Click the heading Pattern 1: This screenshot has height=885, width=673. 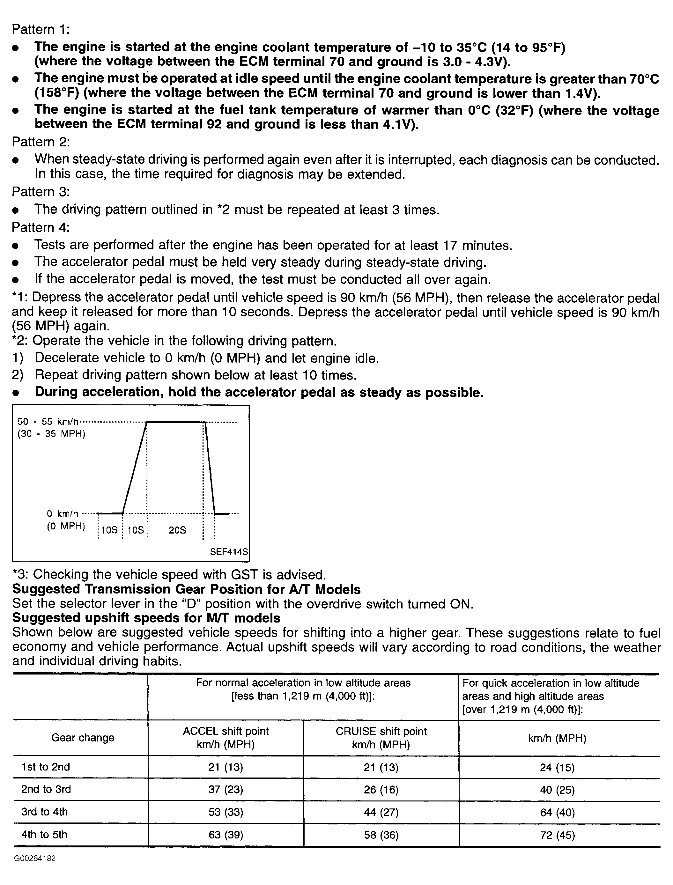tap(41, 29)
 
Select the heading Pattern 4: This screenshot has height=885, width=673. tap(41, 227)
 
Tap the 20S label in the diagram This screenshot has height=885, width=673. tap(177, 530)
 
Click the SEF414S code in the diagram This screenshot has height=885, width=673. tap(229, 552)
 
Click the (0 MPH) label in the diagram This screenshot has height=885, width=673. tap(66, 526)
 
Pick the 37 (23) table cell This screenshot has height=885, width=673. tap(226, 789)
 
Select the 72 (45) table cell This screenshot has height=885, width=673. tap(557, 835)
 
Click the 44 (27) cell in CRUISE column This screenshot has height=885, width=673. tap(381, 812)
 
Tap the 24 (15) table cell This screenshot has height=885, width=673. tap(557, 767)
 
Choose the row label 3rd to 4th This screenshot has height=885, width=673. tap(44, 812)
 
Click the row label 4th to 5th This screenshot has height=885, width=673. tap(44, 835)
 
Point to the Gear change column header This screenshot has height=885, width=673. tap(83, 738)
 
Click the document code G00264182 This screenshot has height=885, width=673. tap(34, 859)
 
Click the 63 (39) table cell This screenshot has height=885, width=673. tap(226, 835)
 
